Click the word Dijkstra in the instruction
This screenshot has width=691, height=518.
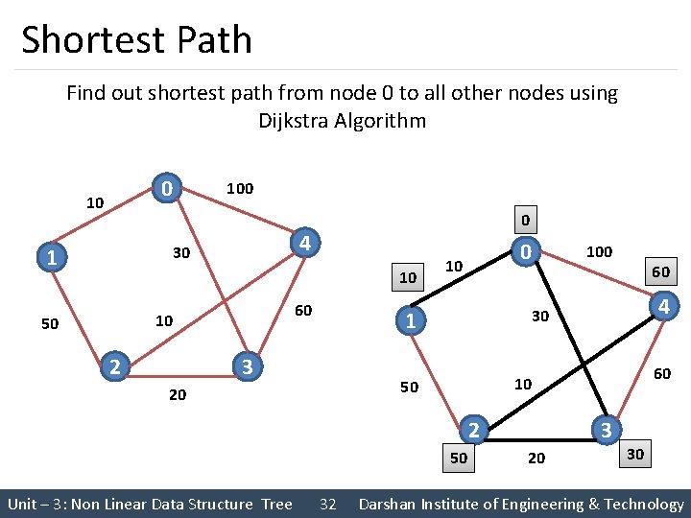click(294, 121)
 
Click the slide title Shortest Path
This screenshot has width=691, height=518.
click(136, 40)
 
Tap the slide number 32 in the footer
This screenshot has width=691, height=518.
click(327, 504)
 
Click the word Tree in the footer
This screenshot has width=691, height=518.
click(276, 504)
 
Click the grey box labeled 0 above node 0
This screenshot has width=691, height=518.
click(524, 219)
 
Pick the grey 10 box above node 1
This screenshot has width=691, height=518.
click(409, 277)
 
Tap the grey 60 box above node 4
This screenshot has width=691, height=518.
click(660, 271)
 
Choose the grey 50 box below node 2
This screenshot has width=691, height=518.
click(460, 458)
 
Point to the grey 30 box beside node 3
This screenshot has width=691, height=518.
click(635, 453)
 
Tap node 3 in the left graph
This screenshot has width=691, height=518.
click(247, 366)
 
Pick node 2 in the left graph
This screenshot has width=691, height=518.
click(114, 365)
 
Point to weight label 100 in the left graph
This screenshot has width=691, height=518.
click(239, 188)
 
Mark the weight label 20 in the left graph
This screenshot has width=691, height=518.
click(178, 394)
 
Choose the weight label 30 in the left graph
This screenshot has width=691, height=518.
click(179, 254)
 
